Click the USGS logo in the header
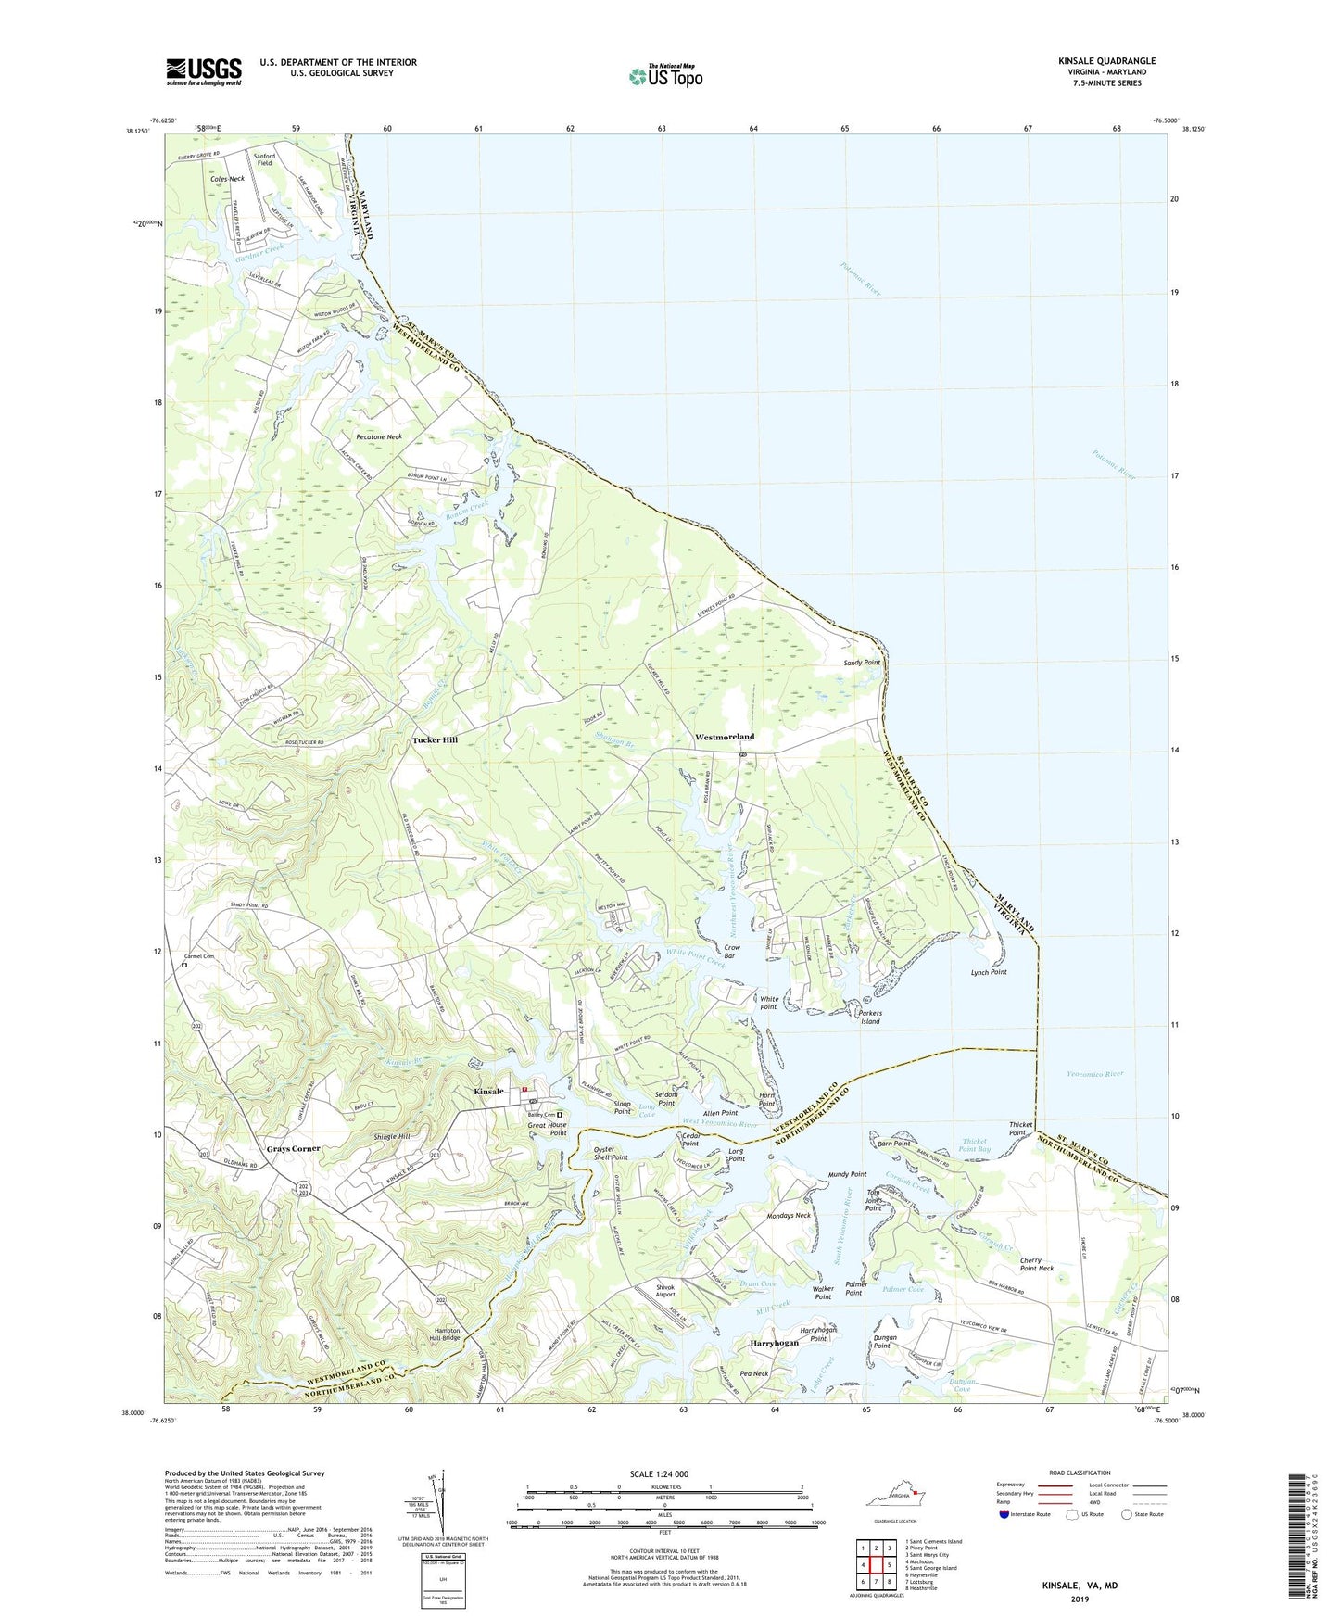click(204, 71)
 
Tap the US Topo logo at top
click(664, 75)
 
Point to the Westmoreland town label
click(725, 737)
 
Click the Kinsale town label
click(488, 1092)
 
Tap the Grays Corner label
click(293, 1148)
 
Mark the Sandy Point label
click(861, 663)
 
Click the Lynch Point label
click(988, 972)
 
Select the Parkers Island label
click(870, 1018)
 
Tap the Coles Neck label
click(227, 178)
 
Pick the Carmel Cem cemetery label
click(198, 956)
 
